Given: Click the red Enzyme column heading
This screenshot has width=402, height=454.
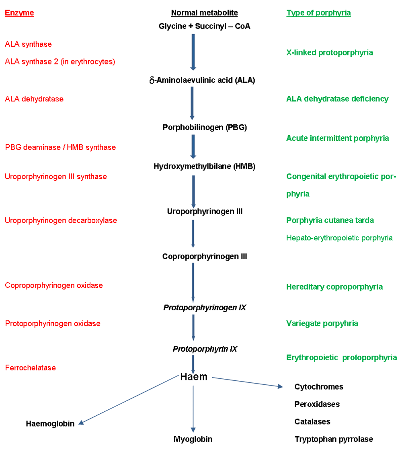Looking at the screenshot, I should (19, 13).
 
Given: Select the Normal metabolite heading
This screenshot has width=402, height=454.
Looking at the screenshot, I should (204, 13).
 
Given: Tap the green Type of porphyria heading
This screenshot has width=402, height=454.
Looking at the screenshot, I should (318, 13).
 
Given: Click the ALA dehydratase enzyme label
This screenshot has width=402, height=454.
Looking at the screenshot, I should (34, 99).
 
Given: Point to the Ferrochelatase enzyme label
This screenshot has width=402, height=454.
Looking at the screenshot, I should (30, 367).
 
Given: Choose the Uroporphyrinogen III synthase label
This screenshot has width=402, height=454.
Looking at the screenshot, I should (56, 176).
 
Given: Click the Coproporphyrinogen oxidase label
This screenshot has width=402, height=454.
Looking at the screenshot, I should (54, 285).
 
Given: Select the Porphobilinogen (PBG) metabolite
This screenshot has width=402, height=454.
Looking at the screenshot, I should (205, 127).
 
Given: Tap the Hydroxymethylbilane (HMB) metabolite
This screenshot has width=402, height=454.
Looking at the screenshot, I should (205, 166).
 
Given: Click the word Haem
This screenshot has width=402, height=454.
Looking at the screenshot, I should (194, 377).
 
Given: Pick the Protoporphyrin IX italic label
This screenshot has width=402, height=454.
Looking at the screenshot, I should (205, 349).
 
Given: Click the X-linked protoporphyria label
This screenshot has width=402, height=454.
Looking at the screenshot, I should (330, 52).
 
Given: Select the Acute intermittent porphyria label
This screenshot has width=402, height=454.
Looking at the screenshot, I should (338, 138).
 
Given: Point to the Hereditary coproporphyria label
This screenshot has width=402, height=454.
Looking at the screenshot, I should (334, 287).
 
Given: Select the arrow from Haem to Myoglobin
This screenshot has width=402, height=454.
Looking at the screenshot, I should (193, 409).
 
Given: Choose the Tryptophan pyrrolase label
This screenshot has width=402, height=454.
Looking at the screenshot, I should (334, 439).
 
